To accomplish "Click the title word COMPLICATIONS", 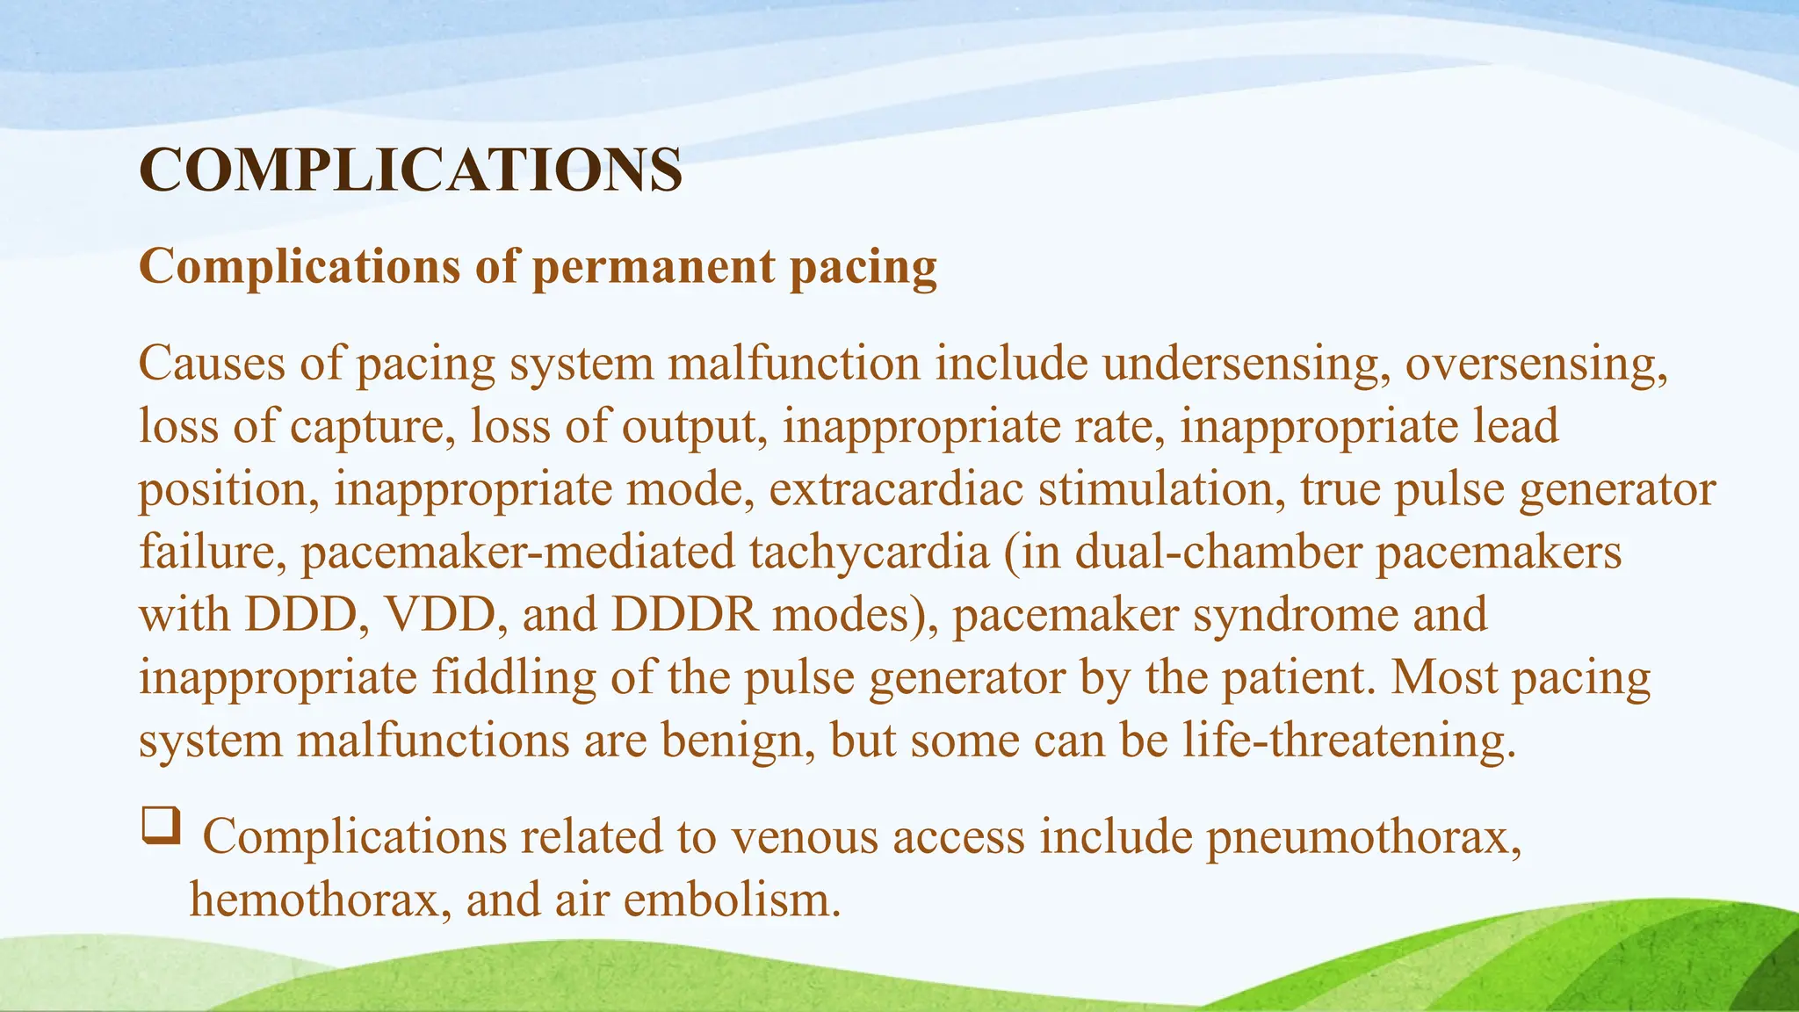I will coord(410,170).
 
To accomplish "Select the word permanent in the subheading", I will coord(654,267).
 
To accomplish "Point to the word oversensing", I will coord(1535,364).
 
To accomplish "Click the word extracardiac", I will coord(896,489).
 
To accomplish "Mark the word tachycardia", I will coord(870,553).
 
